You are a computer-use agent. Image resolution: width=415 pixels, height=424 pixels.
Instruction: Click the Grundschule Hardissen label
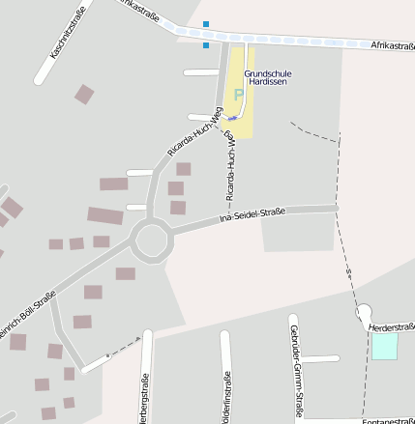coord(268,78)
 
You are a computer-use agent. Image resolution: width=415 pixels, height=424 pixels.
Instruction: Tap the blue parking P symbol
coord(236,95)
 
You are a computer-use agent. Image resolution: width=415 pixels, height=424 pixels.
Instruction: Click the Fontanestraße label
coord(387,421)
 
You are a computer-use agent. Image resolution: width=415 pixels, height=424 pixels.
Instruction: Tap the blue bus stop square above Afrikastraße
coord(205,23)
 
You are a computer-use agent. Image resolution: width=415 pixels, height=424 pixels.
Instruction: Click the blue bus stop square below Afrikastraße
coord(206,44)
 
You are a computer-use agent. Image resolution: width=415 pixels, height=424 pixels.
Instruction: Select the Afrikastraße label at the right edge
coord(393,45)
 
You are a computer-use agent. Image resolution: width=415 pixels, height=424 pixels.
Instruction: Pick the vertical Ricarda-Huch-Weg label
coord(231,166)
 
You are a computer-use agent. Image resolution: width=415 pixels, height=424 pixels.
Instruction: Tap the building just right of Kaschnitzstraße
coord(85,94)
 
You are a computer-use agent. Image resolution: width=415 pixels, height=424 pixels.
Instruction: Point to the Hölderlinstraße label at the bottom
coord(226,401)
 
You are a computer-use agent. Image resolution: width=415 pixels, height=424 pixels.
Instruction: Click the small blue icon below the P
coord(231,119)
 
